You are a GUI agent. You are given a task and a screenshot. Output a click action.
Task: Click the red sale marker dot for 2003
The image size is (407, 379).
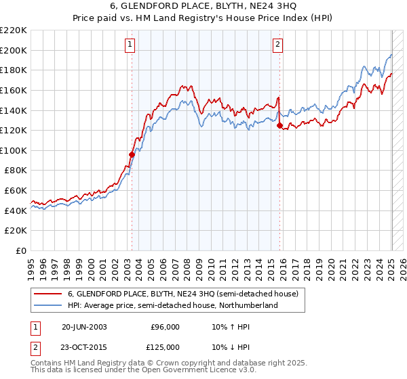[x=132, y=154]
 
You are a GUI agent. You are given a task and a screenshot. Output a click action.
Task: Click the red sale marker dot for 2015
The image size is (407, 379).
[x=279, y=125]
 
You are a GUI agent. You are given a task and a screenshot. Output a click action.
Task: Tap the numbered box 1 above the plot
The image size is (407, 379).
[x=130, y=45]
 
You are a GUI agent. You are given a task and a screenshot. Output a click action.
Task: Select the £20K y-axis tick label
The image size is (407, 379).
[x=16, y=231]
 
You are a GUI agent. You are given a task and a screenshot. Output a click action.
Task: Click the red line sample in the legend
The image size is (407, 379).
[x=48, y=294]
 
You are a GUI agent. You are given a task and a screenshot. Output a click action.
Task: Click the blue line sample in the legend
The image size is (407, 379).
[x=48, y=306]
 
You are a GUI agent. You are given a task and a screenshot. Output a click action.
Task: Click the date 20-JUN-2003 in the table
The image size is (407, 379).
[x=84, y=326]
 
